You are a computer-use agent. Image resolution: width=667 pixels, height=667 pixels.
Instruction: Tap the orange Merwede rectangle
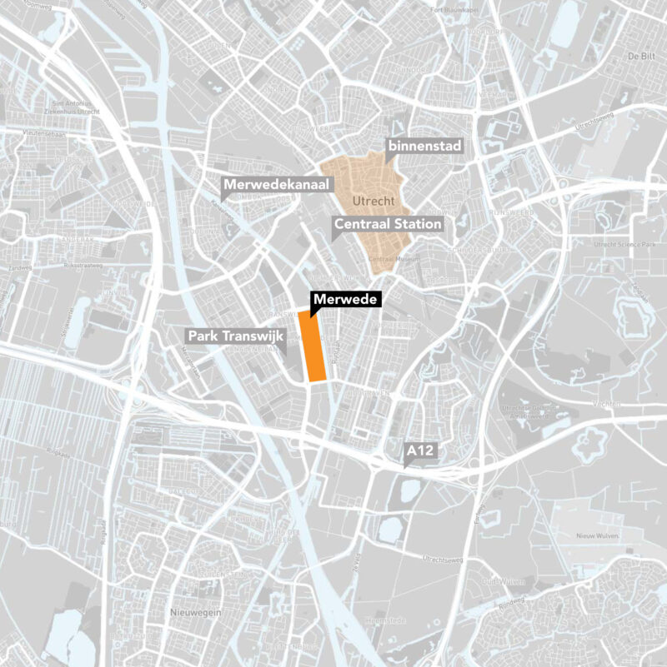point(313,346)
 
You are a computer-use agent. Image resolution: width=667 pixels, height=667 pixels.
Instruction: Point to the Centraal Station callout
point(388,224)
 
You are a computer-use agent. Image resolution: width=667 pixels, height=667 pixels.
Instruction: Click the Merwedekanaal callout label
point(277,184)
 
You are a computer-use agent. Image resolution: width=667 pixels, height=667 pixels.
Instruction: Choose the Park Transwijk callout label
point(236,336)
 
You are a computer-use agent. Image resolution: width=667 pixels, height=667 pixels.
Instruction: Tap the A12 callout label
point(421,451)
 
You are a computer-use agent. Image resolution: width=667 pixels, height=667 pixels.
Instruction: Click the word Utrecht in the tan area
point(372,202)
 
